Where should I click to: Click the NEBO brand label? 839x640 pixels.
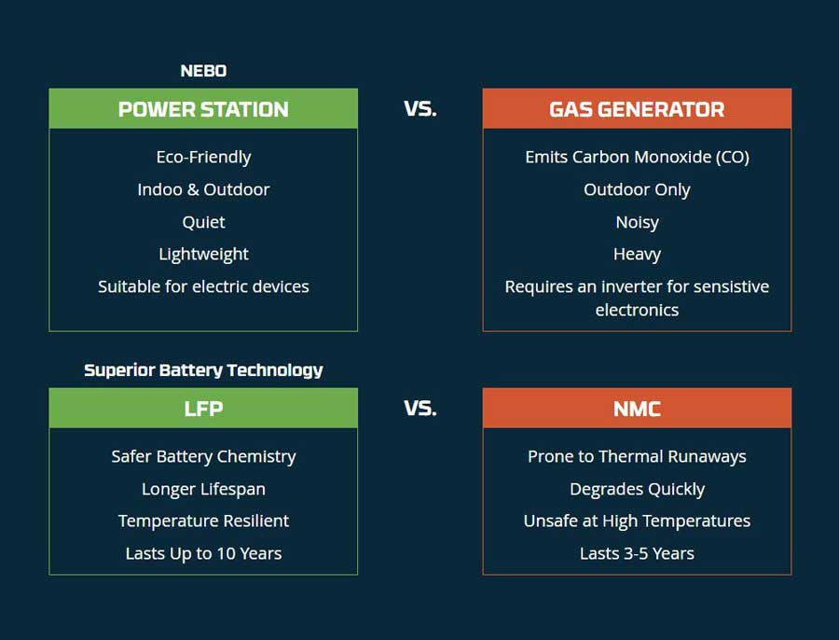point(203,71)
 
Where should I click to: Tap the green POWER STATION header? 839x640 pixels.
point(203,109)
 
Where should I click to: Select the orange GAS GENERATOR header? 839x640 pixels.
point(637,109)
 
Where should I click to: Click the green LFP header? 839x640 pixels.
point(203,408)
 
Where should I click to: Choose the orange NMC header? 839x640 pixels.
point(637,408)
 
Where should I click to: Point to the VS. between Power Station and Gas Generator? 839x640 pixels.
point(420,109)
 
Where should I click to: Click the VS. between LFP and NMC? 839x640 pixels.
point(420,409)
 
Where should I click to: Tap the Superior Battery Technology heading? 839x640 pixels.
point(203,370)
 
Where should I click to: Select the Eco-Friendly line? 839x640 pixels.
point(203,158)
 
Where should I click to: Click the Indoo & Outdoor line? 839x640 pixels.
point(203,189)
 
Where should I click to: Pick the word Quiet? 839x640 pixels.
point(203,222)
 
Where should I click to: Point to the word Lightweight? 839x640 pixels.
point(203,255)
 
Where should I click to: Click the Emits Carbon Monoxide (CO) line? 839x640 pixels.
point(637,158)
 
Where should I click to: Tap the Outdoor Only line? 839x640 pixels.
point(637,190)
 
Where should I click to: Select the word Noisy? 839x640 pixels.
point(637,222)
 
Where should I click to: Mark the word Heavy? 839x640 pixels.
point(637,255)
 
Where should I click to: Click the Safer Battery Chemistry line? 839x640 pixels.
point(203,457)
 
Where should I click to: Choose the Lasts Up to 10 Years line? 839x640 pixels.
point(203,554)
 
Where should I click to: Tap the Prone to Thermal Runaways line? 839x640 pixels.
point(637,457)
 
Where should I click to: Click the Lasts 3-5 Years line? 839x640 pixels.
point(637,554)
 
